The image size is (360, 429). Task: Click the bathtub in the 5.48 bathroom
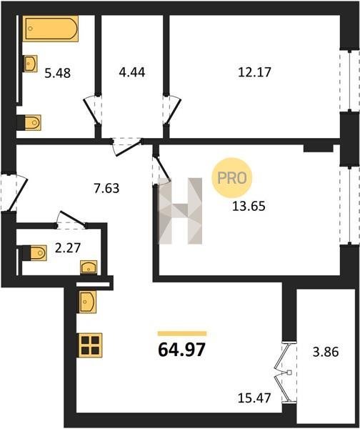tap(51, 29)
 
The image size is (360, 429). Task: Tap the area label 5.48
tap(57, 74)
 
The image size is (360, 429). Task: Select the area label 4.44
tap(132, 72)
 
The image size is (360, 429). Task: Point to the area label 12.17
tap(254, 72)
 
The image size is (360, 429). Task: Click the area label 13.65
tap(249, 207)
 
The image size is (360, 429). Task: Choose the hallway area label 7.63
tap(106, 188)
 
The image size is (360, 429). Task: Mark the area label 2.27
tap(68, 248)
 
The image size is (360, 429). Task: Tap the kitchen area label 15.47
tap(254, 398)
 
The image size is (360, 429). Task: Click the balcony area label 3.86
tap(326, 352)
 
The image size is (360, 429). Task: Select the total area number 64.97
tap(181, 350)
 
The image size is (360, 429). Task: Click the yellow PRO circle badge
tap(232, 178)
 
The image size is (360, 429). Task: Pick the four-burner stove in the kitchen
tap(91, 345)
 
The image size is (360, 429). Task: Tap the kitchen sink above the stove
tap(87, 302)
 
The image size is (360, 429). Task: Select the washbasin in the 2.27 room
tap(89, 267)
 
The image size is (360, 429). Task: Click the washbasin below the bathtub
tap(30, 64)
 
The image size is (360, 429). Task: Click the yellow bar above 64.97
tap(182, 333)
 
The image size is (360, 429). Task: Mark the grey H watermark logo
tap(181, 211)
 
